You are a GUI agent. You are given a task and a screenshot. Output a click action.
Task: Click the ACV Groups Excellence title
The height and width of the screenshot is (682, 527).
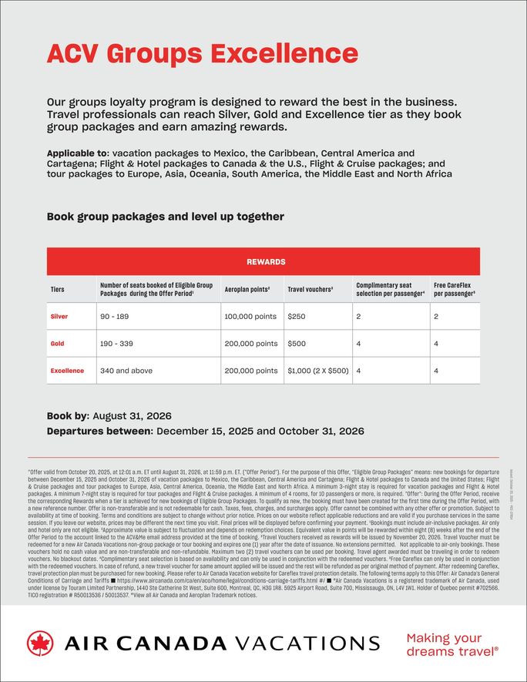pyautogui.click(x=202, y=53)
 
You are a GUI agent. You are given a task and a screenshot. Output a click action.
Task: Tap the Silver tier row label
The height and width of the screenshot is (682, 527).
pyautogui.click(x=59, y=316)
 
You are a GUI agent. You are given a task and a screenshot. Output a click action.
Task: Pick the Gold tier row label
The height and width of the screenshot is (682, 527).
pyautogui.click(x=57, y=344)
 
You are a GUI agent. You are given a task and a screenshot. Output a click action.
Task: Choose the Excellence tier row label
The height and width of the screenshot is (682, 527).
pyautogui.click(x=67, y=371)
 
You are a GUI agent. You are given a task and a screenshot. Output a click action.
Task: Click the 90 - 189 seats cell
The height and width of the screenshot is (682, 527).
pyautogui.click(x=115, y=316)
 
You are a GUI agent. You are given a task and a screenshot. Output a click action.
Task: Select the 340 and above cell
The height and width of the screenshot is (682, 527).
pyautogui.click(x=126, y=371)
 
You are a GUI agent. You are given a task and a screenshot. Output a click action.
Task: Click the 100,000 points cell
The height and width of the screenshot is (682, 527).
pyautogui.click(x=250, y=316)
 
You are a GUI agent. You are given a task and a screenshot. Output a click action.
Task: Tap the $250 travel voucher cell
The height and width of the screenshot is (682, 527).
pyautogui.click(x=297, y=316)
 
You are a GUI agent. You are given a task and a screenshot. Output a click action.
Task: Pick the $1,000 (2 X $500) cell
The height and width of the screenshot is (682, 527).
pyautogui.click(x=317, y=371)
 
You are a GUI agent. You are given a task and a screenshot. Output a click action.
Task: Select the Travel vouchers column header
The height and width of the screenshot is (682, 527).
pyautogui.click(x=310, y=290)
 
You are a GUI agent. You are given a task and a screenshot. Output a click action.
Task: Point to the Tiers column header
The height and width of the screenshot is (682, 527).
pyautogui.click(x=59, y=290)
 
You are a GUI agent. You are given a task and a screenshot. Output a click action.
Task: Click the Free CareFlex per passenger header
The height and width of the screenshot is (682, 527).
pyautogui.click(x=454, y=289)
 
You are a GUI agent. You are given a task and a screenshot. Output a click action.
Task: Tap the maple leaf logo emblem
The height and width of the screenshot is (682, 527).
pyautogui.click(x=40, y=643)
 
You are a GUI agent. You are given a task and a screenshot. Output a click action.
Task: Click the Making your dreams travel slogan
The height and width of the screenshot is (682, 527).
pyautogui.click(x=451, y=643)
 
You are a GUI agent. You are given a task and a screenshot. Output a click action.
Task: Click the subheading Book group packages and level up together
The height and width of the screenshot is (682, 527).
pyautogui.click(x=165, y=217)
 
